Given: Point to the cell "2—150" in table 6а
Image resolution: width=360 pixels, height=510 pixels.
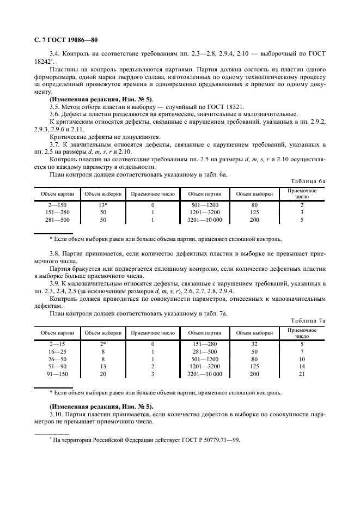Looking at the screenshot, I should point(57,205).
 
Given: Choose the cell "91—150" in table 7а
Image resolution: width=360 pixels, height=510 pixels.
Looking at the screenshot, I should point(57,375).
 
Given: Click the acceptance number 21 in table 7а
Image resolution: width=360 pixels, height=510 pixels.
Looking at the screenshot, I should point(301,375).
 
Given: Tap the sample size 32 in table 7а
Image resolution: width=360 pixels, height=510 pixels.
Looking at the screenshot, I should point(254,344).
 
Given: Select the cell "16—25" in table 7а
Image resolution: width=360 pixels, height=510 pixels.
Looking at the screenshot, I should point(57,352).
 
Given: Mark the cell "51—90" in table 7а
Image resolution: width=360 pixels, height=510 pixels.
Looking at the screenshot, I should point(57,367).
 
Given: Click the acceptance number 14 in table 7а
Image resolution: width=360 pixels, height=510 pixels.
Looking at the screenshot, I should point(301,367).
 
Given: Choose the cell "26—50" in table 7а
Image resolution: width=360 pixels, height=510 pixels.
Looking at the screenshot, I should point(57,360).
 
